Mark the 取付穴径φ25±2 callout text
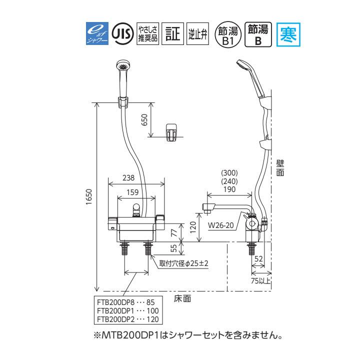(183, 262)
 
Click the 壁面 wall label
(280, 167)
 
